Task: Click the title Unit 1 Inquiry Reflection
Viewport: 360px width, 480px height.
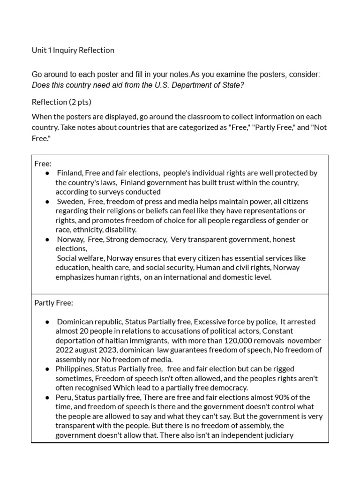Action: coord(73,50)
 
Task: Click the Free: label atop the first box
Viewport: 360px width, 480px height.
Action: coord(43,164)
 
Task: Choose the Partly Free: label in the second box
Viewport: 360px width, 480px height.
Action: coord(53,303)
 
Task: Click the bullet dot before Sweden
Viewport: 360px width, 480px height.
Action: coord(47,202)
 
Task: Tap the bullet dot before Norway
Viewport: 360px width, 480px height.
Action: coord(47,240)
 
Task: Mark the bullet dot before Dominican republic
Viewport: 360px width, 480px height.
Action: coord(47,322)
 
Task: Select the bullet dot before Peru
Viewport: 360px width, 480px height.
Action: coord(47,397)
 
